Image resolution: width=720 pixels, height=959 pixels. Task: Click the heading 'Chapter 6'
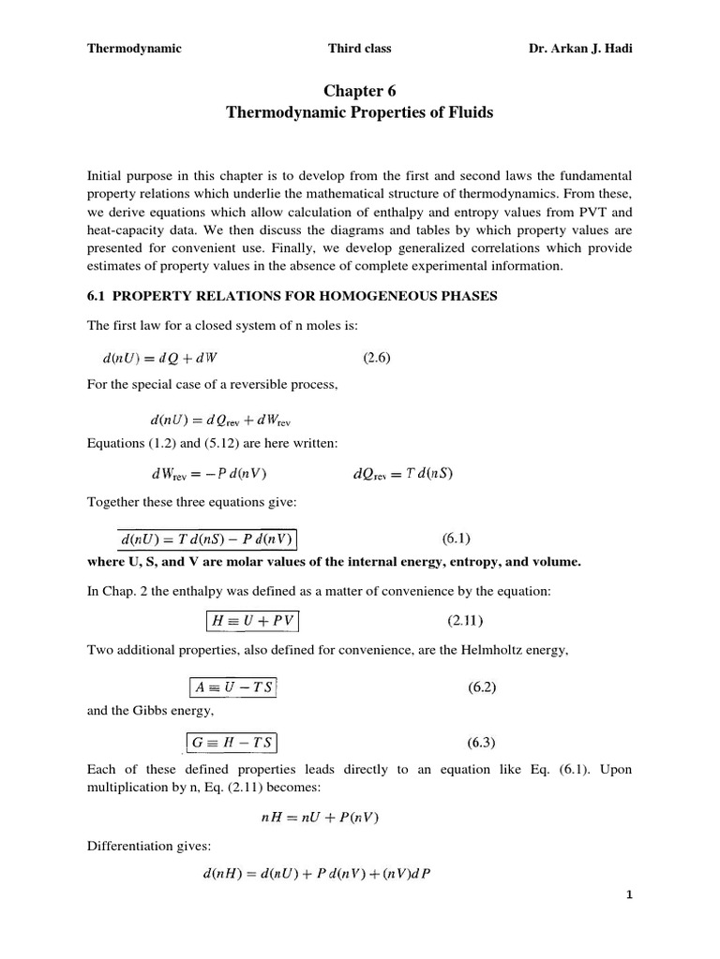point(360,90)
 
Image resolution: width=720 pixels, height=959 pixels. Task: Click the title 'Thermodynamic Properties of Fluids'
point(360,112)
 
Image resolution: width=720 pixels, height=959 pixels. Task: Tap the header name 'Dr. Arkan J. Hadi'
point(581,49)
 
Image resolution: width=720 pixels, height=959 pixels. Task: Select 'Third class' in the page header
point(360,49)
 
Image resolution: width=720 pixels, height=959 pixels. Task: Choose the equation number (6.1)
point(456,539)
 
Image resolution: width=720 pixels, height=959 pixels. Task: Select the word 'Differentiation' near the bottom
point(127,846)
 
